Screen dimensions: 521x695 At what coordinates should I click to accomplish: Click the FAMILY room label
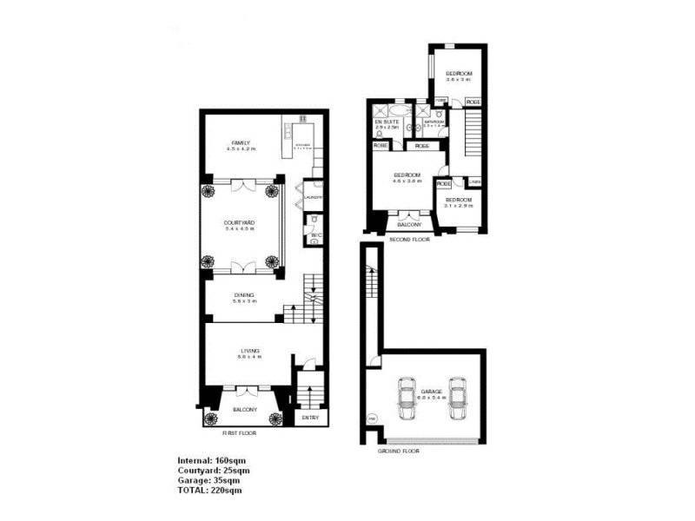[241, 142]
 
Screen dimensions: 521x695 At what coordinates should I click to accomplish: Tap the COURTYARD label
[240, 223]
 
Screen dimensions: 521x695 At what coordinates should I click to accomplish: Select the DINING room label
[243, 295]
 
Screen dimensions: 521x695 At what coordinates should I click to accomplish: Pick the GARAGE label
[433, 392]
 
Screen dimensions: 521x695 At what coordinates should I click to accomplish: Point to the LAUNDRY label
[314, 198]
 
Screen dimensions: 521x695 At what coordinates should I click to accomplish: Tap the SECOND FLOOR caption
[409, 239]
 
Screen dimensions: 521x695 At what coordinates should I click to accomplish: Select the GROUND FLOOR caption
[399, 452]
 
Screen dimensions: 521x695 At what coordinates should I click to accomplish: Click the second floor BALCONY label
[407, 222]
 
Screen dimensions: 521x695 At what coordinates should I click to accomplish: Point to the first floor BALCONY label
[244, 410]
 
